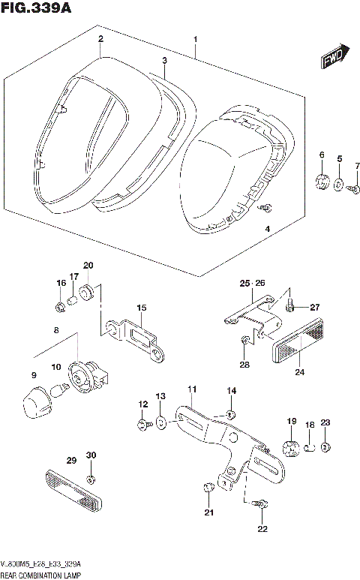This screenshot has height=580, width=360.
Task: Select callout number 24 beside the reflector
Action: coord(300,371)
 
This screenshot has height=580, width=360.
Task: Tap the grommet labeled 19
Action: coord(291,449)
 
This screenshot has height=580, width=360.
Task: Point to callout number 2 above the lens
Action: coord(100,38)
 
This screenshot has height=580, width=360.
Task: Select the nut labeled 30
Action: coord(91,479)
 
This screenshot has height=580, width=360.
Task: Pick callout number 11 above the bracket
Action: coord(191,389)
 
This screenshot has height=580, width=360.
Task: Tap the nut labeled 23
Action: coord(324,449)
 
